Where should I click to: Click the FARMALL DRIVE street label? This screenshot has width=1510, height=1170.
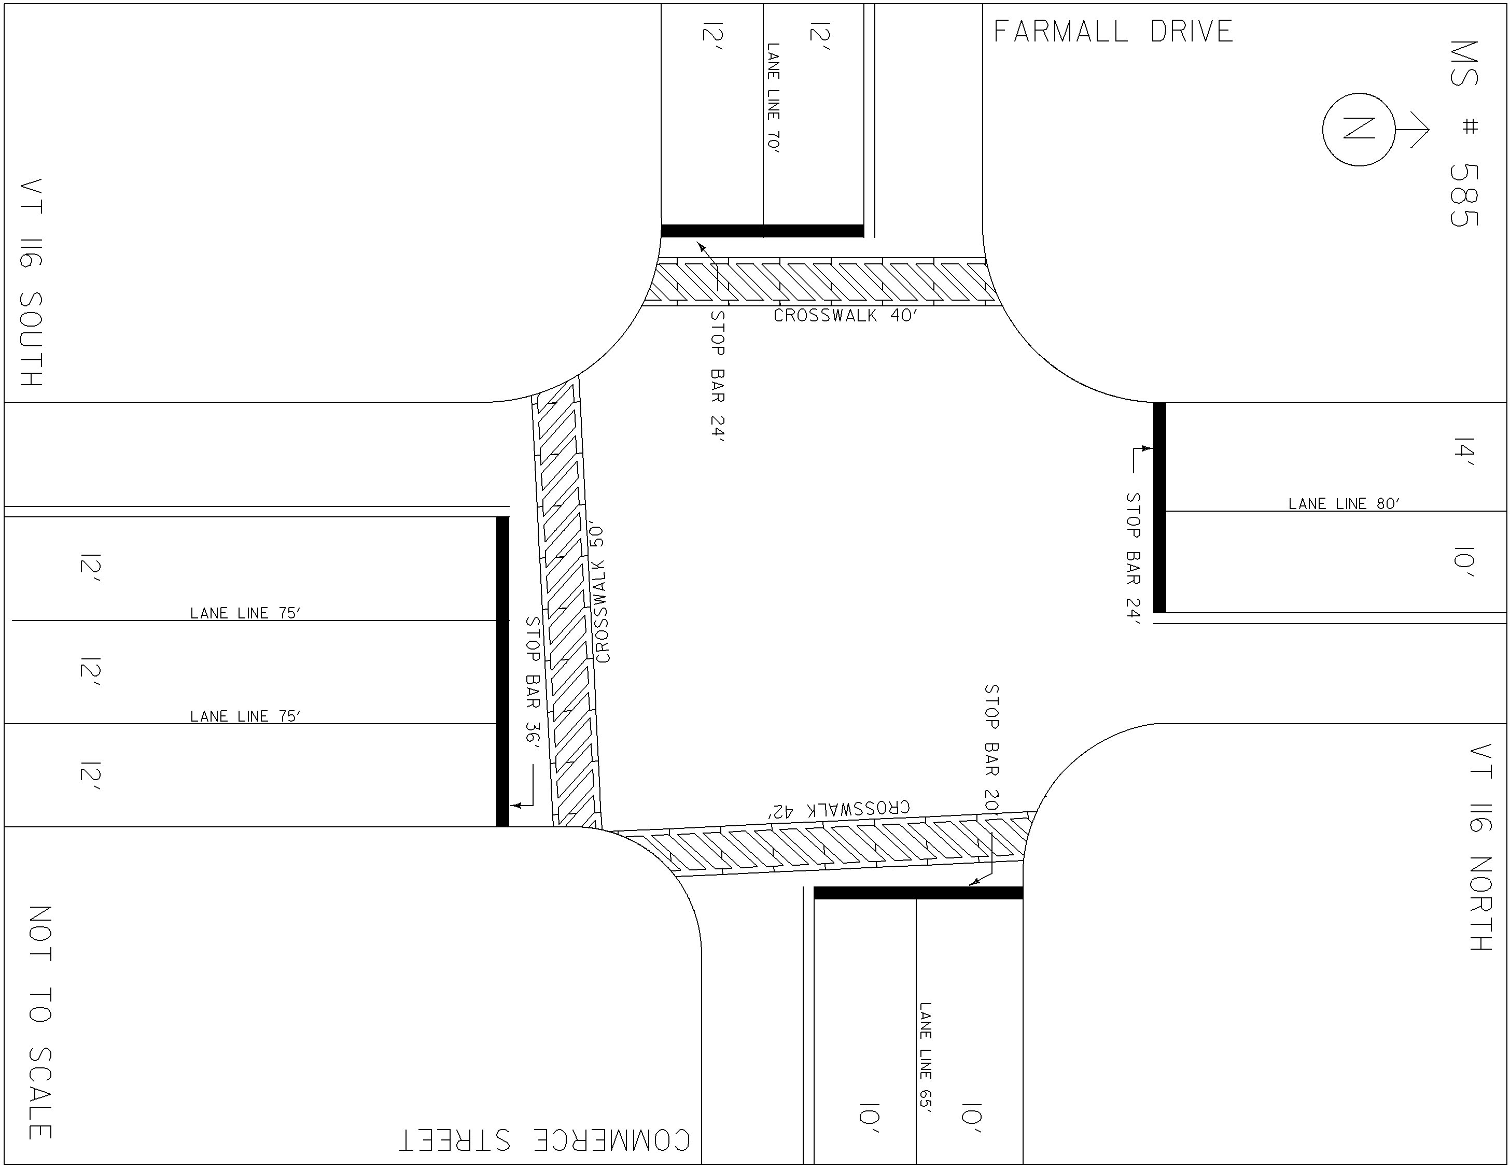click(x=1113, y=32)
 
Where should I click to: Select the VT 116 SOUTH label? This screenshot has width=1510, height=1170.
click(x=31, y=283)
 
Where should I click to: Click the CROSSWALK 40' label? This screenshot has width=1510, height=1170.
click(x=846, y=316)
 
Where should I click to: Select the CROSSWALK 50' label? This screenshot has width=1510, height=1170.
click(x=601, y=594)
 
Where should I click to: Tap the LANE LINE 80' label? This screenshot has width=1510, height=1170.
click(x=1344, y=504)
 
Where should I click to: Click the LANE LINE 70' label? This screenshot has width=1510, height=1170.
click(x=774, y=98)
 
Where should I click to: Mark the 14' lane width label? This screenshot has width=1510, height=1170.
click(x=1464, y=452)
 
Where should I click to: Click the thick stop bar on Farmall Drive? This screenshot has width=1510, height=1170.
click(x=763, y=231)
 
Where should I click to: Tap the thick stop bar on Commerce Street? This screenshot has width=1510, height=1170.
click(x=918, y=893)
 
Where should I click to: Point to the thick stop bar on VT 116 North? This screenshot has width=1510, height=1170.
click(x=1159, y=508)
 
